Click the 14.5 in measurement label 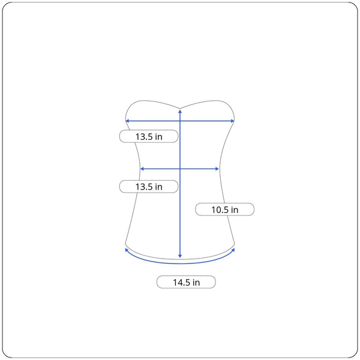186,282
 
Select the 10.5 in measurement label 225,209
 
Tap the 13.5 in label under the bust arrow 149,136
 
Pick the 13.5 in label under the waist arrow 149,187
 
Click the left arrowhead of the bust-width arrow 127,121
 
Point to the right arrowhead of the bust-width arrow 233,121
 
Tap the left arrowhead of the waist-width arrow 142,169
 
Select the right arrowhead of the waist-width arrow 217,169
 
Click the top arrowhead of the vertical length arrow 180,112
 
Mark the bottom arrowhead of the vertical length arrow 180,256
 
